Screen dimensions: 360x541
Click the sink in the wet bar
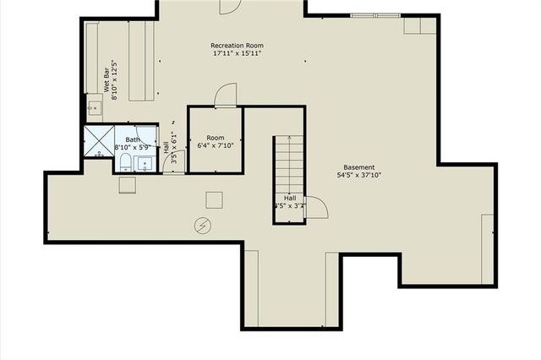(94, 107)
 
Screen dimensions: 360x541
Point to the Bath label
(133, 139)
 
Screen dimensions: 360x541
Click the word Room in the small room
(216, 137)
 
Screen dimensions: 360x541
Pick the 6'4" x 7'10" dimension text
(216, 145)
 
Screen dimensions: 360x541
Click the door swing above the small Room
(225, 95)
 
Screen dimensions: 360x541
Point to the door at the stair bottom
(315, 208)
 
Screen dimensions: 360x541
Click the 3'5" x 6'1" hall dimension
(174, 145)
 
